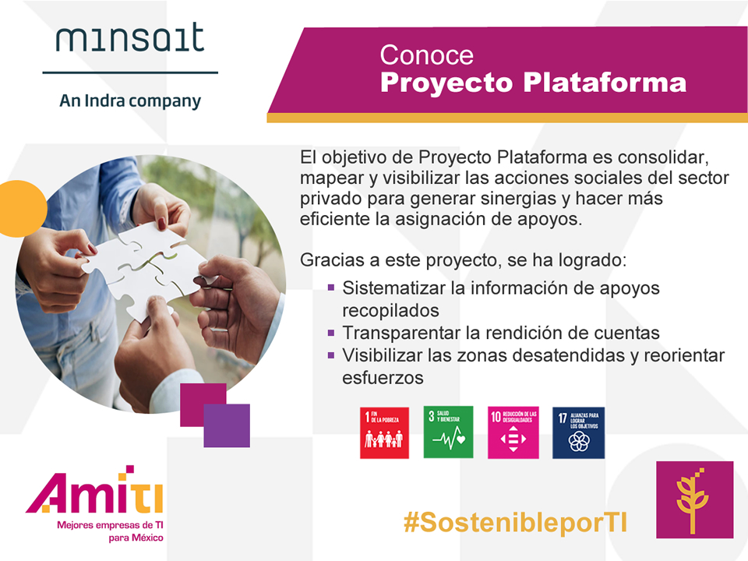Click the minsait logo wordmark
coord(129,38)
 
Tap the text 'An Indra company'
coord(130,101)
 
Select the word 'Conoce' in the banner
coord(426,55)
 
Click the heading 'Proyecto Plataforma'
coord(533,82)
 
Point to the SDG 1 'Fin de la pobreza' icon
coord(384,432)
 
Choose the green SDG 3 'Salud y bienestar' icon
coord(448,432)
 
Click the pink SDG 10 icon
coord(513,432)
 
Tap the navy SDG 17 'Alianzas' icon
coord(578,432)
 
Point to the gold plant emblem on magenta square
coord(694,499)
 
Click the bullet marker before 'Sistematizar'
coord(331,288)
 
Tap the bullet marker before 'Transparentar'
coord(331,333)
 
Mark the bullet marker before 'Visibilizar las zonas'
coord(331,355)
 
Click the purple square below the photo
coord(227,425)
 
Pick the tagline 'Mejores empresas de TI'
coord(110,526)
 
